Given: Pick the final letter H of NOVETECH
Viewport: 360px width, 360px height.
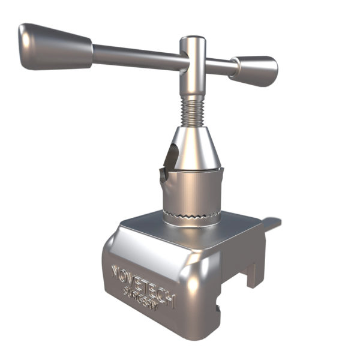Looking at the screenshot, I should point(170,300).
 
